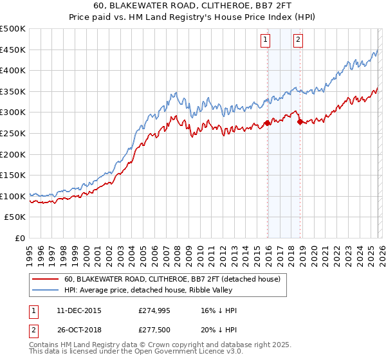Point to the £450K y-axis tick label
point(13,50)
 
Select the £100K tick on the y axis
point(13,196)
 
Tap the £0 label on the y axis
point(21,238)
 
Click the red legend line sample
point(45,280)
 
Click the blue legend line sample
point(45,291)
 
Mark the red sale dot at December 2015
point(267,123)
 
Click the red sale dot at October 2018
point(300,122)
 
